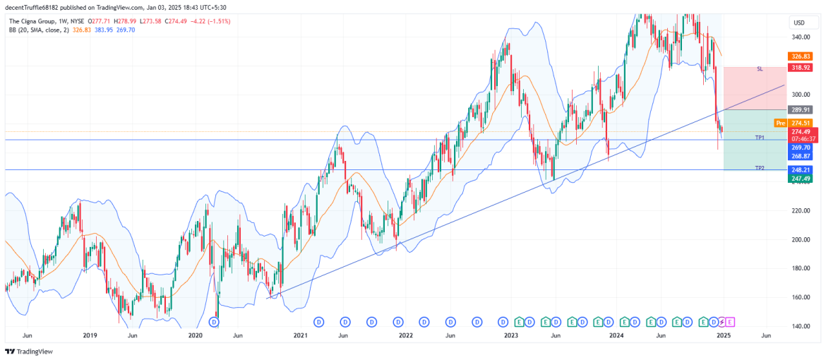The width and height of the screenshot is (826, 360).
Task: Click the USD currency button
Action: tap(798, 23)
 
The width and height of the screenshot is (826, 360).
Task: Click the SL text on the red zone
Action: tap(760, 69)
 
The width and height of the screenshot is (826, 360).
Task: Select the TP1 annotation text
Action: tap(760, 136)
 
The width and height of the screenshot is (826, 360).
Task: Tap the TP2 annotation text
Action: tap(760, 168)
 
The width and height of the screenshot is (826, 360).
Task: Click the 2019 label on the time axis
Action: tap(89, 336)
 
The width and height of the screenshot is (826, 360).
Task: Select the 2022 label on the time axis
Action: tap(405, 336)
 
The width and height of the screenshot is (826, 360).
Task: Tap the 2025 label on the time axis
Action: tap(722, 336)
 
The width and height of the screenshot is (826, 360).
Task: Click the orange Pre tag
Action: tap(780, 123)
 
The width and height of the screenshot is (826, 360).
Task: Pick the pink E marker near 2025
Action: tap(730, 322)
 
